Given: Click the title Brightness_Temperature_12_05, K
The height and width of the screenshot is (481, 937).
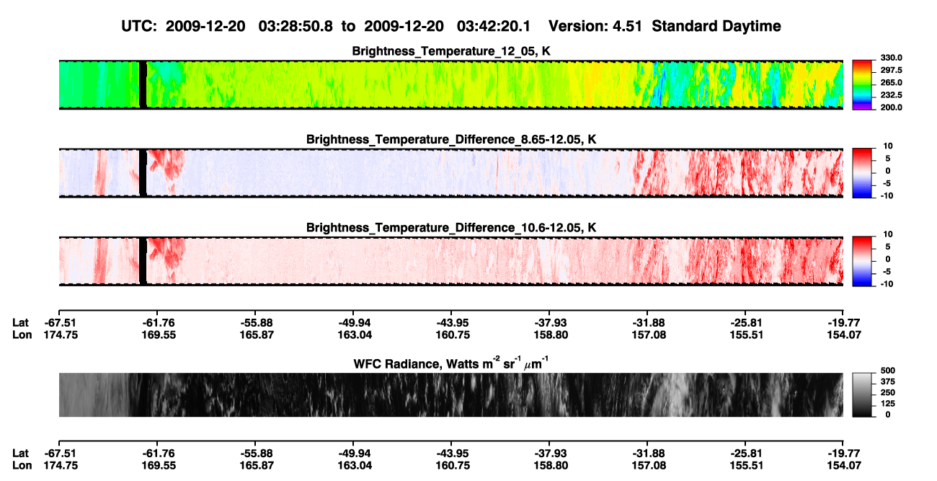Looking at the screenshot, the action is click(x=451, y=51).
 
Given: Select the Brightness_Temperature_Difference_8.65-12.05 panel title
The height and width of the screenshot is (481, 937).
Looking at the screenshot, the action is click(x=451, y=139).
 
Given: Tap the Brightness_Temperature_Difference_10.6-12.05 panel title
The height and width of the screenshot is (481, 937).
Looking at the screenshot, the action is click(x=451, y=228).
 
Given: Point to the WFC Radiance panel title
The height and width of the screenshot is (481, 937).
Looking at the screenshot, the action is click(x=451, y=363).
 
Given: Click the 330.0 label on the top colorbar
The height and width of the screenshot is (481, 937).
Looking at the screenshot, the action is click(x=891, y=58).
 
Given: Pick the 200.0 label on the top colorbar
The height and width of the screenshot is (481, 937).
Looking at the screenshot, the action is click(x=891, y=107).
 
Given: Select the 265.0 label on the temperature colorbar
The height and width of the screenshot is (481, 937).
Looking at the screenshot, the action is click(x=891, y=82).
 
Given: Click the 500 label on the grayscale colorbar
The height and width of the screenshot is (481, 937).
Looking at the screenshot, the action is click(x=888, y=371).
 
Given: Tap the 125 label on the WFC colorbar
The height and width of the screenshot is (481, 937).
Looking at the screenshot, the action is click(x=888, y=404).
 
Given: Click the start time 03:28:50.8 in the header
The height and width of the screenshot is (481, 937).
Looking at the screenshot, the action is click(x=296, y=27).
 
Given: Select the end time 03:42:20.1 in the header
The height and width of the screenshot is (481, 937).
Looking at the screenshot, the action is click(x=494, y=27).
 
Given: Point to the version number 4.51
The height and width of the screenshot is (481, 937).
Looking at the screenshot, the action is click(x=627, y=27).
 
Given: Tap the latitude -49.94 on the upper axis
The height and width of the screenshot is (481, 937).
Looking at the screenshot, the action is click(x=355, y=323).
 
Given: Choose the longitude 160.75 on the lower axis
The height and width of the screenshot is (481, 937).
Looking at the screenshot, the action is click(x=453, y=466).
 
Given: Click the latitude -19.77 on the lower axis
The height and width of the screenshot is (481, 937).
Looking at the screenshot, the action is click(x=844, y=454).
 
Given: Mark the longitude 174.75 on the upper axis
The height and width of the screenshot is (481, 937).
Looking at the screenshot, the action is click(x=61, y=335).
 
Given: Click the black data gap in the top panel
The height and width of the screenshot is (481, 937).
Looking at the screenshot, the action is click(x=143, y=84).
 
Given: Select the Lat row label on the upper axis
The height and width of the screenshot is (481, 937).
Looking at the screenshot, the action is click(x=20, y=323).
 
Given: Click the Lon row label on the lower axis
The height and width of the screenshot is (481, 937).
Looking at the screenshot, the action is click(x=22, y=466).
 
